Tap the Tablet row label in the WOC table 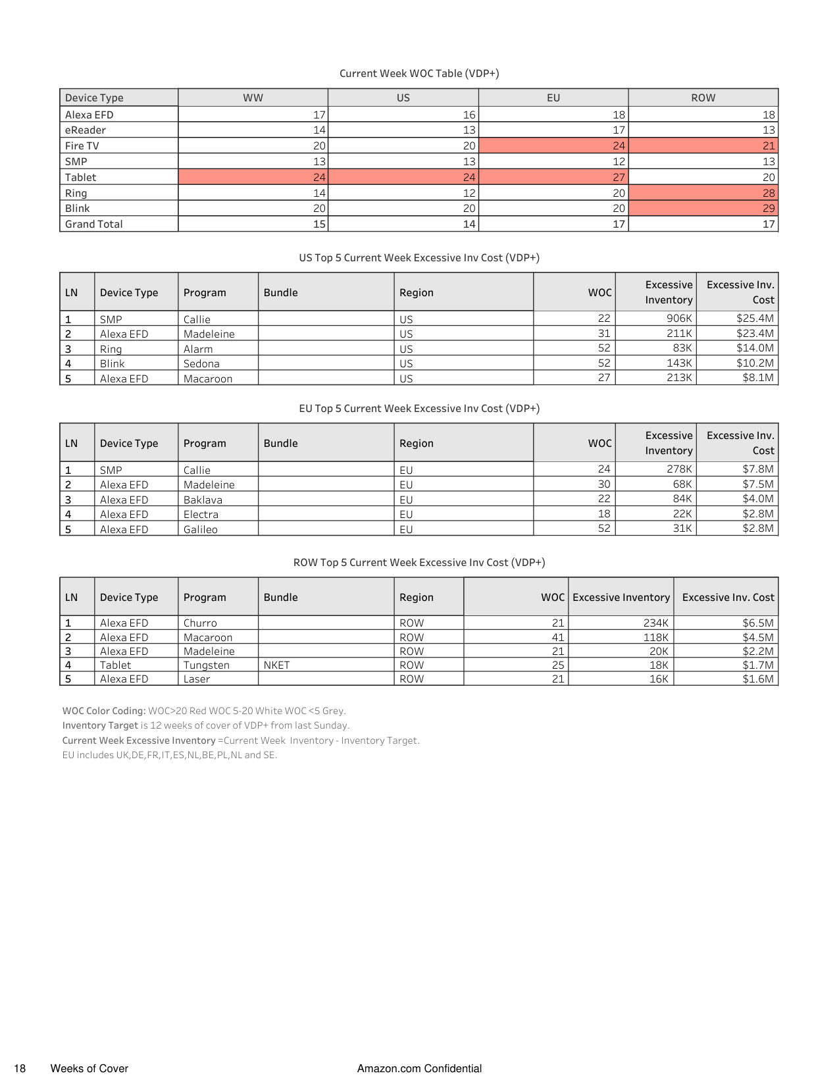80,177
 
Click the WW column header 253,97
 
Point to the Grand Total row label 93,224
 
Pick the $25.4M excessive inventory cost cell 755,319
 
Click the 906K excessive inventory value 678,319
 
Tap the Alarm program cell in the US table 198,349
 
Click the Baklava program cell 203,500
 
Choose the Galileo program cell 200,529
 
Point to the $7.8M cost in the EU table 757,469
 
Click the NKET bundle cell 276,665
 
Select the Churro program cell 200,623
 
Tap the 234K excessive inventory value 655,623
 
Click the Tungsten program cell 206,665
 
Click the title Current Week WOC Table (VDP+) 419,73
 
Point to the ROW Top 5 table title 419,562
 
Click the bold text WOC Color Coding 104,711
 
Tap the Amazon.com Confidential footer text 419,1068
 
